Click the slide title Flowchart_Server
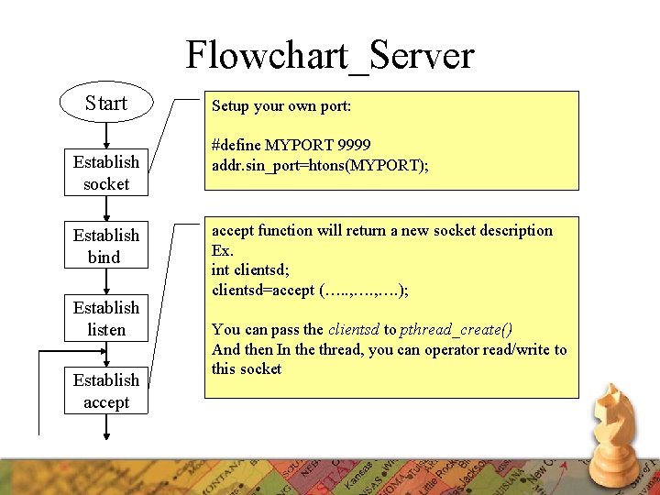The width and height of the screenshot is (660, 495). coord(330,55)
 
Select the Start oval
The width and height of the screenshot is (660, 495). coord(105,102)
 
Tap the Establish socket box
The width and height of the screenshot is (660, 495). coord(106,173)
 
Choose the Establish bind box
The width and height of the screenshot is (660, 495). coord(106,246)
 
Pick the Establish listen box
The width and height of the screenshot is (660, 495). coord(106,318)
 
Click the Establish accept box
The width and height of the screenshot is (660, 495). coord(106,391)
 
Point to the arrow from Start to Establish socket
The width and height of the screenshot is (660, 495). coord(106,137)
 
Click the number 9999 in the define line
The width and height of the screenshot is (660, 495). coord(354,145)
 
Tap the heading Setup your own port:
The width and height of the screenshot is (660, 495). coord(281,105)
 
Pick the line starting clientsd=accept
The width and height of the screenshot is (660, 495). coord(310,290)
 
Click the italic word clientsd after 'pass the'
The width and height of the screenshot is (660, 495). coord(353,330)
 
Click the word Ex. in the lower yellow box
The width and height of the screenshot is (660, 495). coord(223,250)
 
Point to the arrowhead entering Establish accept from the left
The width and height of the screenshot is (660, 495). coord(59,350)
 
